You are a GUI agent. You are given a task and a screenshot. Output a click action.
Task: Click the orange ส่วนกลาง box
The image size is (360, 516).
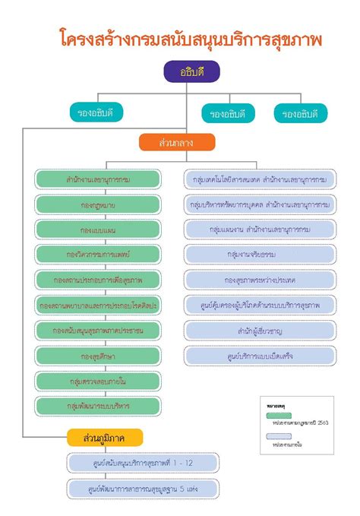coord(176,142)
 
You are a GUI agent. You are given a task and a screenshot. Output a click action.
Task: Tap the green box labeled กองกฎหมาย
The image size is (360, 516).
coord(97,205)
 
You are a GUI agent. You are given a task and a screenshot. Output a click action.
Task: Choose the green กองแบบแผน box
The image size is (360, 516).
coord(97,230)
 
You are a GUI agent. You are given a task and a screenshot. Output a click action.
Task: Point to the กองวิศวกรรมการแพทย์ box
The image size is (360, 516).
coord(97,255)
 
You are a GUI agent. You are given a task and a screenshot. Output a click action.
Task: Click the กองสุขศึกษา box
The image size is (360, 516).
coord(97,355)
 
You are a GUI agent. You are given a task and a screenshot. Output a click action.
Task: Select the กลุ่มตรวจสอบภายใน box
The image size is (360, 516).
coord(97,380)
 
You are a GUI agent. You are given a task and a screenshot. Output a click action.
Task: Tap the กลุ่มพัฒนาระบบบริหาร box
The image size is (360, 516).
coord(97,405)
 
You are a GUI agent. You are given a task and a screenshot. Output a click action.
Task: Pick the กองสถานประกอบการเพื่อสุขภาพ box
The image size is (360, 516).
coord(97,280)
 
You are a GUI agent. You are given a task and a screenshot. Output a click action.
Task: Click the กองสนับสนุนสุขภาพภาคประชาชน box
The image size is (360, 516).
coord(97,330)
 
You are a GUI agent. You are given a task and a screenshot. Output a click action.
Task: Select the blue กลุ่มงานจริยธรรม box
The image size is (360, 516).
coord(261,255)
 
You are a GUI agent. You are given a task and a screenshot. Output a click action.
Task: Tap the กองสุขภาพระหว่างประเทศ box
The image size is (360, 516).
coord(261,280)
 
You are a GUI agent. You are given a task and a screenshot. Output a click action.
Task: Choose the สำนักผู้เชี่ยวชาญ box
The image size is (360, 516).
coord(261,330)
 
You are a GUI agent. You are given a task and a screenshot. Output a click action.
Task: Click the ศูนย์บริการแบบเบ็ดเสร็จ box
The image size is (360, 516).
coord(261,355)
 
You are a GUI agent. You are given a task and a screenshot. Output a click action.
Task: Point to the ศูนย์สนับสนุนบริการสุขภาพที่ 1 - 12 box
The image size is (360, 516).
coord(142,463)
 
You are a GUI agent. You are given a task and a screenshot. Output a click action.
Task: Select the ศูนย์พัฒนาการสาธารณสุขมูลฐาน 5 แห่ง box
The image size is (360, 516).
coord(142,488)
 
